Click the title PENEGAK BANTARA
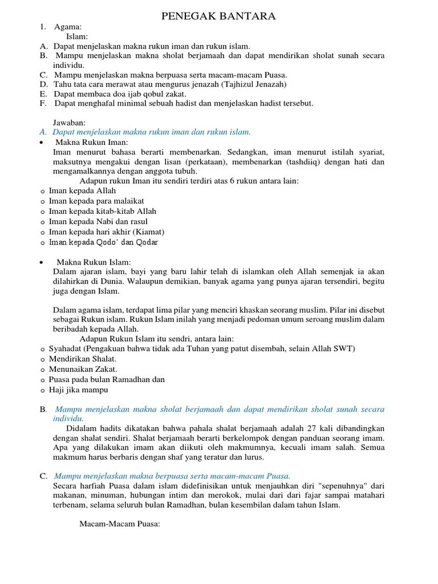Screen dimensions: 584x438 (219, 16)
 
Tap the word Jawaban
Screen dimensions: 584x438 (69, 123)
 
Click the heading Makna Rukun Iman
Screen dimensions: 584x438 (92, 142)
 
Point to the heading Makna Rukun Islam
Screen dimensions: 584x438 (94, 262)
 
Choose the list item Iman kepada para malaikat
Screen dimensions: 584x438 (96, 201)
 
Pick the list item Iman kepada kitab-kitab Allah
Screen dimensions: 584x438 (103, 211)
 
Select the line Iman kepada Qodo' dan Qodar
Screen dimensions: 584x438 (103, 242)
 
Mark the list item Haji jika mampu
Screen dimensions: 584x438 (78, 390)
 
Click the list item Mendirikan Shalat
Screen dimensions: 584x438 (83, 359)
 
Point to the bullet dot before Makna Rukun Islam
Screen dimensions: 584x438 (43, 262)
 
